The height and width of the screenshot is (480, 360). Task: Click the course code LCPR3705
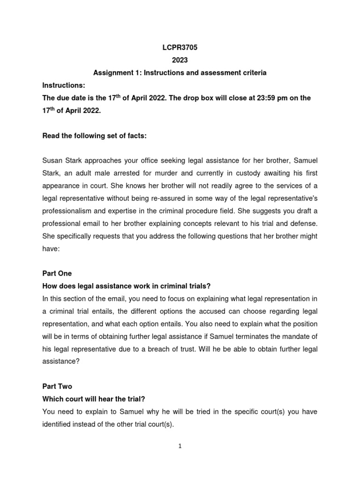[180, 48]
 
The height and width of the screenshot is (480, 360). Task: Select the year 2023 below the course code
[180, 60]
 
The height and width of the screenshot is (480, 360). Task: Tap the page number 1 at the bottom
[180, 446]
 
